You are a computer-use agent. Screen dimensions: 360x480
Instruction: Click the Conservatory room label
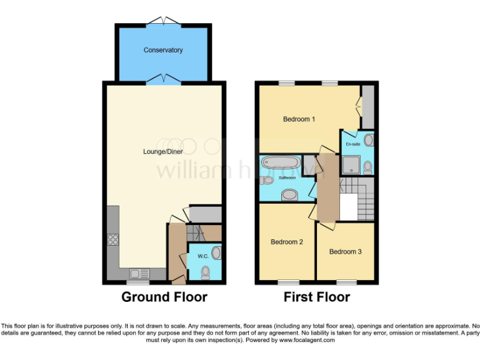tap(163, 50)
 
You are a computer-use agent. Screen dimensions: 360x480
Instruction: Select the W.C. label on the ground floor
tap(202, 256)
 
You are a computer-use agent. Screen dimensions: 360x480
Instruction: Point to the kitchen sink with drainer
tap(139, 273)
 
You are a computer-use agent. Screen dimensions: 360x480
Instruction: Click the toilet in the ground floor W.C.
tap(206, 272)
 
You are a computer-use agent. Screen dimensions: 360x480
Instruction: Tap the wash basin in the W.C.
tap(216, 253)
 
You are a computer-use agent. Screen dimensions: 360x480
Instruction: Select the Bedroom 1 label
tap(299, 119)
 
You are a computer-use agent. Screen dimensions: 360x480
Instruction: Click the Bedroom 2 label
tap(287, 242)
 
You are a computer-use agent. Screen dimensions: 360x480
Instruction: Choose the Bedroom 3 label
tap(346, 252)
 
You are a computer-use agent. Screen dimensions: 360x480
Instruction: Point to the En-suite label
tap(352, 144)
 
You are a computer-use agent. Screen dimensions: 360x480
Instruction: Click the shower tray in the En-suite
tap(351, 165)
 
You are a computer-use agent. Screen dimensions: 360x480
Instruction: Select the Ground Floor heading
tap(164, 297)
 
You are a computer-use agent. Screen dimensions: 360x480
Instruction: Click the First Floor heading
tap(316, 297)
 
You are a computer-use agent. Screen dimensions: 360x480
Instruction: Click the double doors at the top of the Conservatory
tap(163, 22)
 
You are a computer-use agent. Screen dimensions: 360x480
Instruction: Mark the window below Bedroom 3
tap(346, 282)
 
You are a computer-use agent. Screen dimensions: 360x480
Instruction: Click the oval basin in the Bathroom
tap(290, 196)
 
